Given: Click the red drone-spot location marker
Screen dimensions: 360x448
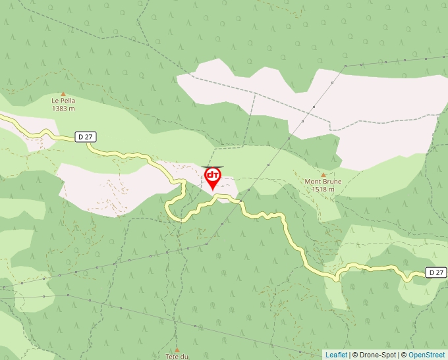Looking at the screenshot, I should point(213,177).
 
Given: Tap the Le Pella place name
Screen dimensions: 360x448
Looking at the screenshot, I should point(63,101).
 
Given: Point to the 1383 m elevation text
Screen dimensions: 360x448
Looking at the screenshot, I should point(63,109).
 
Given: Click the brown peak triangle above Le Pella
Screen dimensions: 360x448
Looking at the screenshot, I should point(63,93).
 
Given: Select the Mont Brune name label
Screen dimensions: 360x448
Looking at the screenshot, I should point(323,182).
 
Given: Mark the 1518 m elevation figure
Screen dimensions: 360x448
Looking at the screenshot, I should point(323,190).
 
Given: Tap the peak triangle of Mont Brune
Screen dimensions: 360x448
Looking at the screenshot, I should point(323,174).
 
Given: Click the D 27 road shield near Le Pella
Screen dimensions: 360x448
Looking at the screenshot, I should point(86,137).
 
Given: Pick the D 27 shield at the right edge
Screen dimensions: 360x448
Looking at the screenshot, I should point(436,272).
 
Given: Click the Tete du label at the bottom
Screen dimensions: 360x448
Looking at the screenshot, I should point(177,356).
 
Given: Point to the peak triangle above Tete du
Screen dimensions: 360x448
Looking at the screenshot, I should point(177,349).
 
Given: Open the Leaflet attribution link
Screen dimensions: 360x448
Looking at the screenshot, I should point(336,355).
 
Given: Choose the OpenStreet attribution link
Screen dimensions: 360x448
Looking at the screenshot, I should point(426,355).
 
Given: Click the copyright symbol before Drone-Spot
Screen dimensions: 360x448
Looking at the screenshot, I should point(354,355).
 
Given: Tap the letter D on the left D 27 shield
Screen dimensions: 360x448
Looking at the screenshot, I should point(80,137).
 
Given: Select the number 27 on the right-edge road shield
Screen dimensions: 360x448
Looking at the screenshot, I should point(439,272).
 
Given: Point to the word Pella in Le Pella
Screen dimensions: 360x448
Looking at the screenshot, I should point(67,101).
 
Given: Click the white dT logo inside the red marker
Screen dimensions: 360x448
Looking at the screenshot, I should point(213,175).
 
